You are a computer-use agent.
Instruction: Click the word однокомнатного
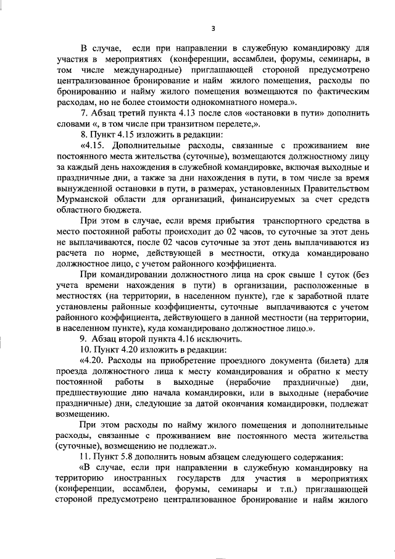click(x=214, y=101)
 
